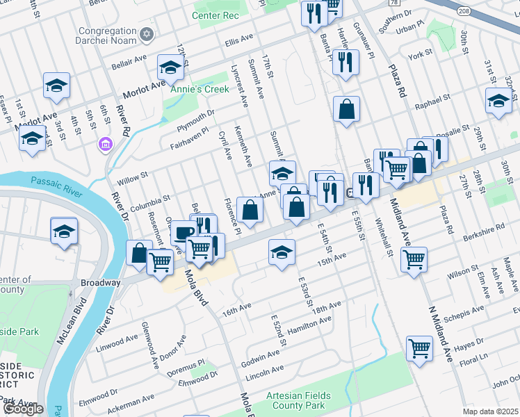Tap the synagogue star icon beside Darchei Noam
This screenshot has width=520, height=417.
[146, 34]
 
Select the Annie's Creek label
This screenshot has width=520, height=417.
[195, 89]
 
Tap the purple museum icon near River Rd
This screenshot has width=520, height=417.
[105, 144]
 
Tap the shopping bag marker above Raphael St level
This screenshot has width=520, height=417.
[346, 109]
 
